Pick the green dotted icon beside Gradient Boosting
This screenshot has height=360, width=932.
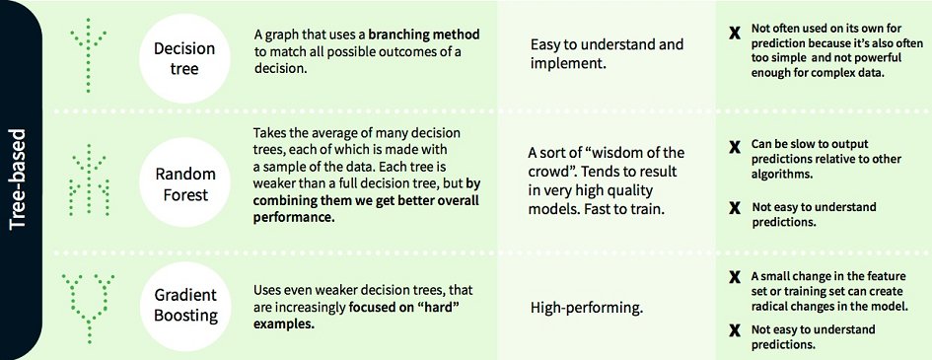[x=88, y=300]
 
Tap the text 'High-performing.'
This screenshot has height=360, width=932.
[x=587, y=309]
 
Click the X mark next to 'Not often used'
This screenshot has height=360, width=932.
[x=733, y=33]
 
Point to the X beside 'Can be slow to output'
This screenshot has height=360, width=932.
[x=734, y=148]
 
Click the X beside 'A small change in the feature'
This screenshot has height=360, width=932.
[x=734, y=277]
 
